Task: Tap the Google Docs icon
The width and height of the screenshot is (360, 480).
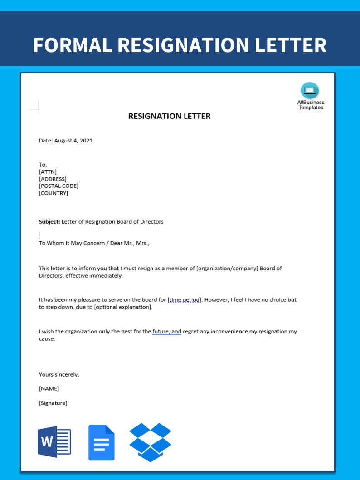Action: pyautogui.click(x=102, y=443)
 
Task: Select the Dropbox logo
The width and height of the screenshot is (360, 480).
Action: pyautogui.click(x=151, y=442)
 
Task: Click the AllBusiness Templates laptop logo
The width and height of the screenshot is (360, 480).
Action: pyautogui.click(x=310, y=90)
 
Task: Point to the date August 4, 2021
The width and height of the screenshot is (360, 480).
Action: pyautogui.click(x=73, y=141)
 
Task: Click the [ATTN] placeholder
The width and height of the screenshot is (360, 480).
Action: pyautogui.click(x=48, y=172)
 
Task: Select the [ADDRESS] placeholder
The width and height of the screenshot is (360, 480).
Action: pyautogui.click(x=53, y=179)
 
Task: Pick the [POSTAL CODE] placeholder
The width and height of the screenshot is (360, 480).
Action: pyautogui.click(x=58, y=186)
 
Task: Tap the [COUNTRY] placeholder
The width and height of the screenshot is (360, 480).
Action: pyautogui.click(x=54, y=193)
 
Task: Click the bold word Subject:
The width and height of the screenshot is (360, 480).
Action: pyautogui.click(x=49, y=222)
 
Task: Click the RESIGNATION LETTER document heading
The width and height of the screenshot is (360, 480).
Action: pyautogui.click(x=170, y=116)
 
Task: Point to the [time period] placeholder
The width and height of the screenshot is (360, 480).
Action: pyautogui.click(x=184, y=300)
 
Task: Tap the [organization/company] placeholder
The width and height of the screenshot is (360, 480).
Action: pyautogui.click(x=227, y=269)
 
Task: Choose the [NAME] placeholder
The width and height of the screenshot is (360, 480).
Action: pyautogui.click(x=49, y=389)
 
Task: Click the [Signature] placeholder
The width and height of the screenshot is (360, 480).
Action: pyautogui.click(x=53, y=403)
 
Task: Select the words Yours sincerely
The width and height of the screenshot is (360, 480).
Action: pyautogui.click(x=59, y=375)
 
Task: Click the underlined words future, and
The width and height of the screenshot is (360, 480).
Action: pyautogui.click(x=167, y=332)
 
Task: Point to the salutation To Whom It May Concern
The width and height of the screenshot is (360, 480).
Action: pyautogui.click(x=73, y=243)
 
